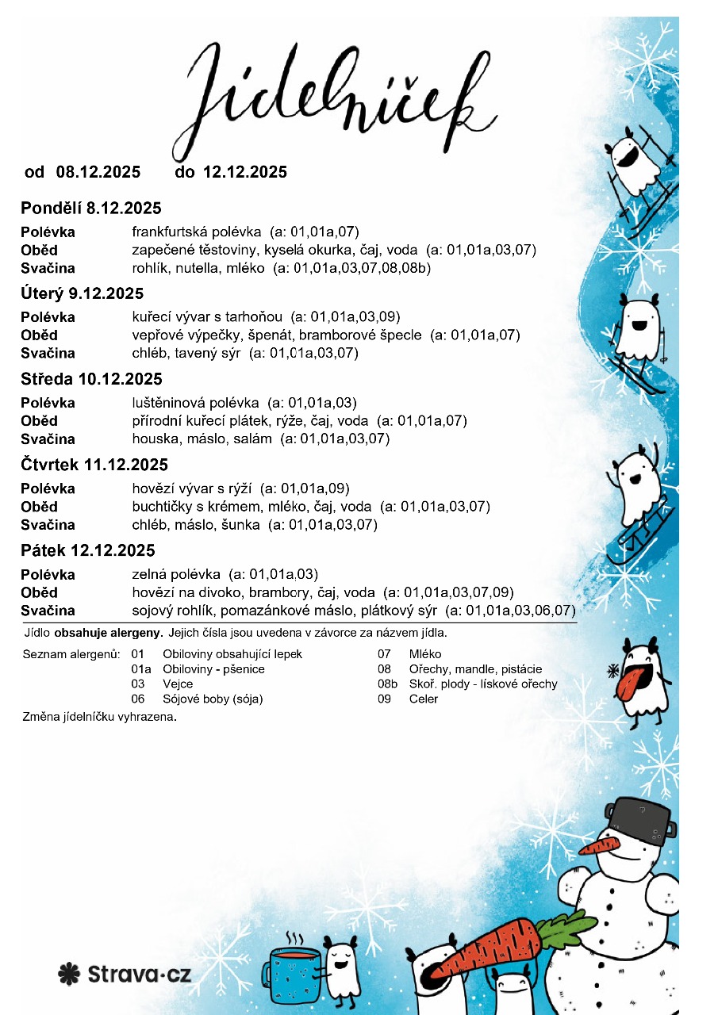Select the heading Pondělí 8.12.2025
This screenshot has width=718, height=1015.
90,209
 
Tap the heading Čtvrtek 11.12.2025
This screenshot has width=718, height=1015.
94,465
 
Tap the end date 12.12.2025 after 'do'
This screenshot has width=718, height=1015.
245,172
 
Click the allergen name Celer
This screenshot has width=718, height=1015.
424,699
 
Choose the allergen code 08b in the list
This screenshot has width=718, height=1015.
387,684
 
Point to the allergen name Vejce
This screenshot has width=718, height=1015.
178,684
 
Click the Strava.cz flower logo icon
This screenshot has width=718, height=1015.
69,974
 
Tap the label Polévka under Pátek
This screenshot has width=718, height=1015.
48,575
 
